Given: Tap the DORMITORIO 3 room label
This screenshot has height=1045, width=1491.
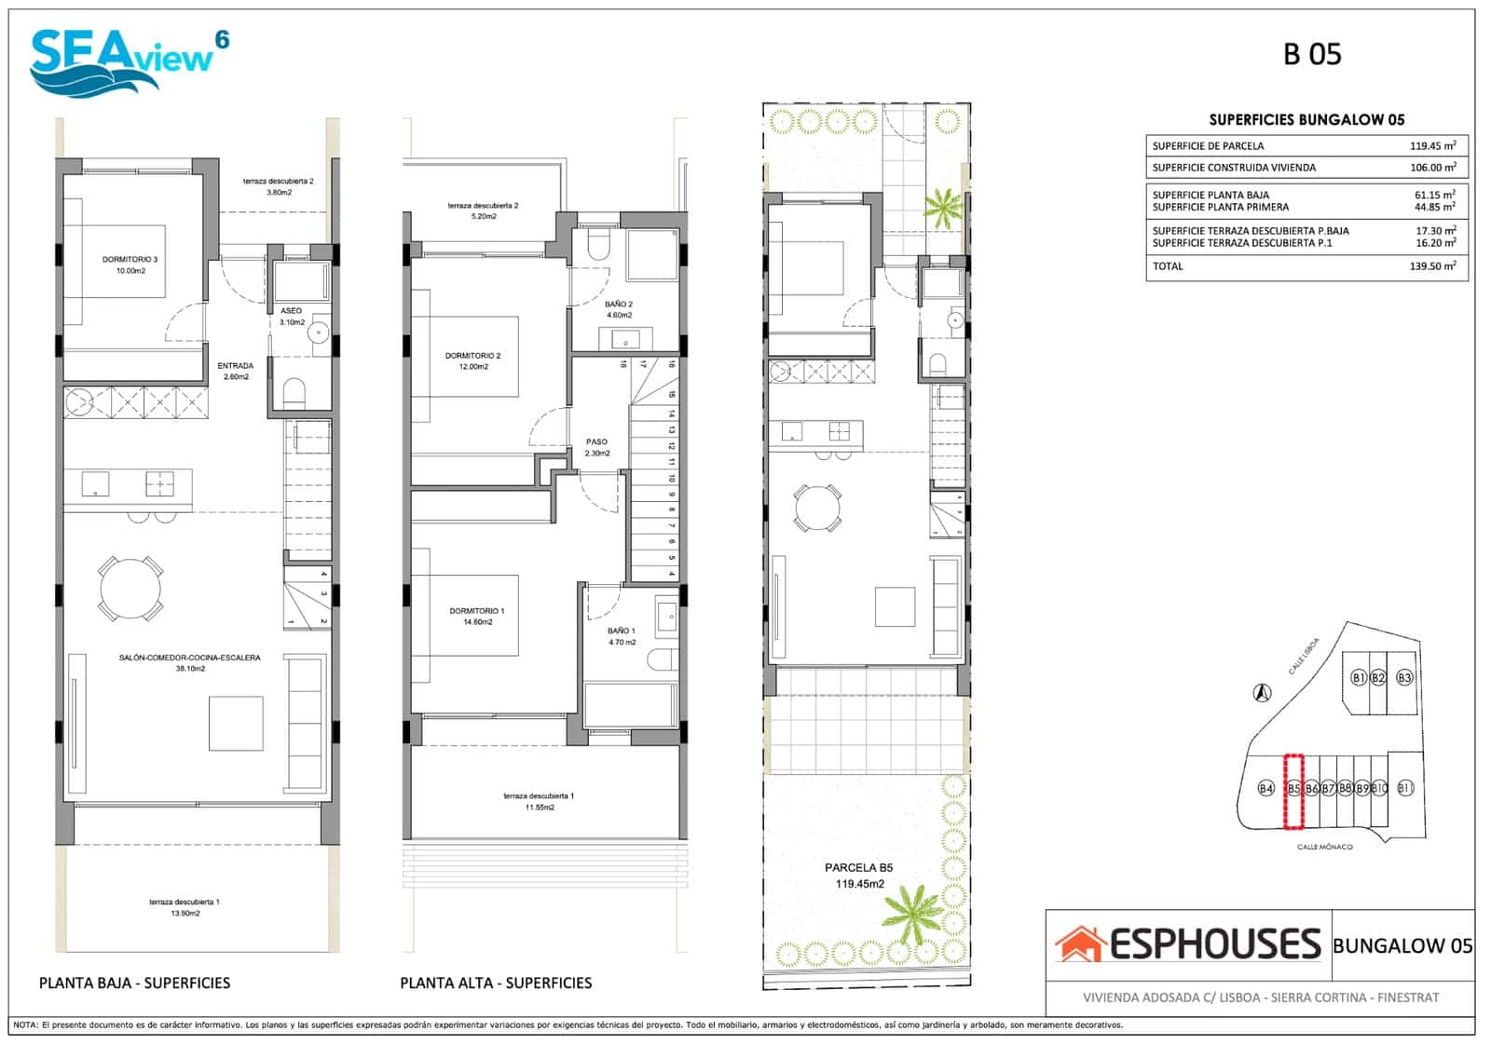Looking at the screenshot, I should click(130, 265).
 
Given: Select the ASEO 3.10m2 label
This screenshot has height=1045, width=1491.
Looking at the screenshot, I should click(291, 316).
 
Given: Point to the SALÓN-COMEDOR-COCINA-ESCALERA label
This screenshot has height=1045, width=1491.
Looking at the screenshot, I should click(189, 662).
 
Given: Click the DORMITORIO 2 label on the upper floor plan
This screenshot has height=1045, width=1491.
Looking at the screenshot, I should click(472, 360).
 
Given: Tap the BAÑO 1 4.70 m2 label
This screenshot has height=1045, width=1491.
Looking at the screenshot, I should click(621, 636).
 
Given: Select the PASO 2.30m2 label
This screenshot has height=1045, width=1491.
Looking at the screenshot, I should click(596, 447).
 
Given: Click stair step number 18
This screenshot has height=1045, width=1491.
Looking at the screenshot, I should click(622, 365).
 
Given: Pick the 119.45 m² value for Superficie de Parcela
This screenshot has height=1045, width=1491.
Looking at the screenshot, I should click(1432, 145).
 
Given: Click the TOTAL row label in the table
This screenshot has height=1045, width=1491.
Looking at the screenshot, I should click(1168, 266).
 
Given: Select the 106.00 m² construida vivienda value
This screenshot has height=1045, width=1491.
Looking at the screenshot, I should click(1432, 168).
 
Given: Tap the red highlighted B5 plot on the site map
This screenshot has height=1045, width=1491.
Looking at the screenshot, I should click(1293, 791).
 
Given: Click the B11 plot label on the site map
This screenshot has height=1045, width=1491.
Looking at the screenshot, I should click(1405, 788).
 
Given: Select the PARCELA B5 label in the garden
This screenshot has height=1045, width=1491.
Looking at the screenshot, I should click(858, 875).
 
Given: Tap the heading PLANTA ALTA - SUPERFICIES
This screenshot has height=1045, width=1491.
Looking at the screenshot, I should click(496, 983).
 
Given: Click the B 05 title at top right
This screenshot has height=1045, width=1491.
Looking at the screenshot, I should click(1311, 54).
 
